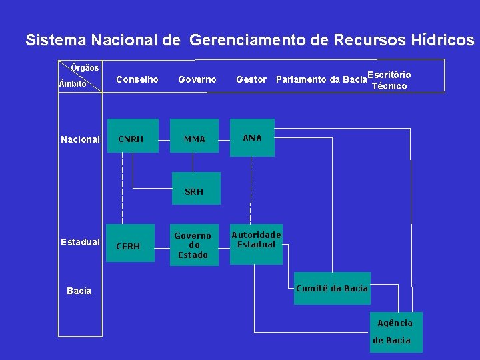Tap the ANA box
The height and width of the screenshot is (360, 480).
252,137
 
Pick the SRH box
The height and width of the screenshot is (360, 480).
194,191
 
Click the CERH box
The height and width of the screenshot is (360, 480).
128,246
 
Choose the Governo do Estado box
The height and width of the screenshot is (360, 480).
193,245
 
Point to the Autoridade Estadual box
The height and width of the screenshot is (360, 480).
256,240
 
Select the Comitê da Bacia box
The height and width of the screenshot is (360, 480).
331,288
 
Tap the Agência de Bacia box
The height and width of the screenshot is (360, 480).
395,331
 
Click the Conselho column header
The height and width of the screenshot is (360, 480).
137,79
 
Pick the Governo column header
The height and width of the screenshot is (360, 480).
197,79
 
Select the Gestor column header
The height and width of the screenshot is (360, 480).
251,79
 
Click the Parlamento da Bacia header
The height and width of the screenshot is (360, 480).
321,80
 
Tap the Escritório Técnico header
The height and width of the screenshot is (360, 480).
389,80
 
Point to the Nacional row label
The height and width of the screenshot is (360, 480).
80,139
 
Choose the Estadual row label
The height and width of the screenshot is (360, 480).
80,242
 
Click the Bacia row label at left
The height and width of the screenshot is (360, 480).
79,291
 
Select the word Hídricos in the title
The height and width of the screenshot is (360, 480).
437,41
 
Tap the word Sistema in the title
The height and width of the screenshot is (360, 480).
56,41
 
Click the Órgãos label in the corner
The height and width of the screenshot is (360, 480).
85,67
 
